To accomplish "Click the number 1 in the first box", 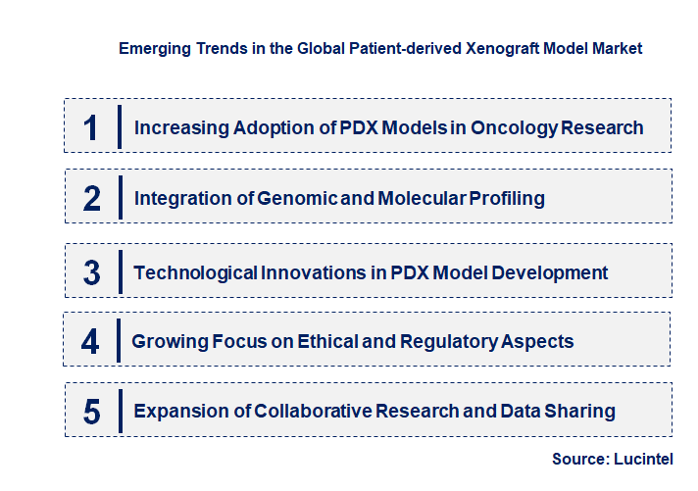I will coord(90,128).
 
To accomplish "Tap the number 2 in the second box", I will coord(92,199).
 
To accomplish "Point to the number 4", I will coord(90,342).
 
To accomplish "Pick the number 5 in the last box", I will coord(92,412).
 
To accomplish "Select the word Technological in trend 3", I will coord(195,272).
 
